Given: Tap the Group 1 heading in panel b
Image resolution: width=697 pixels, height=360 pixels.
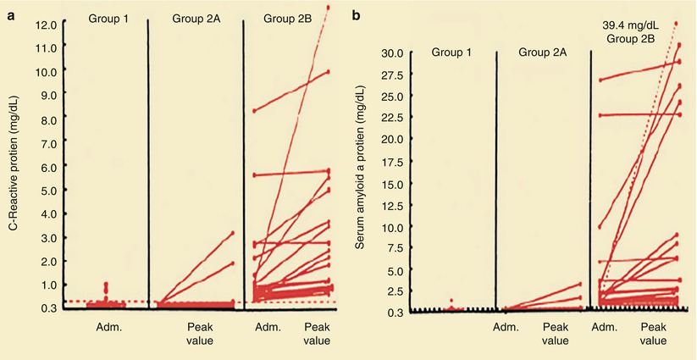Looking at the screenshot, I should [x=453, y=53].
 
